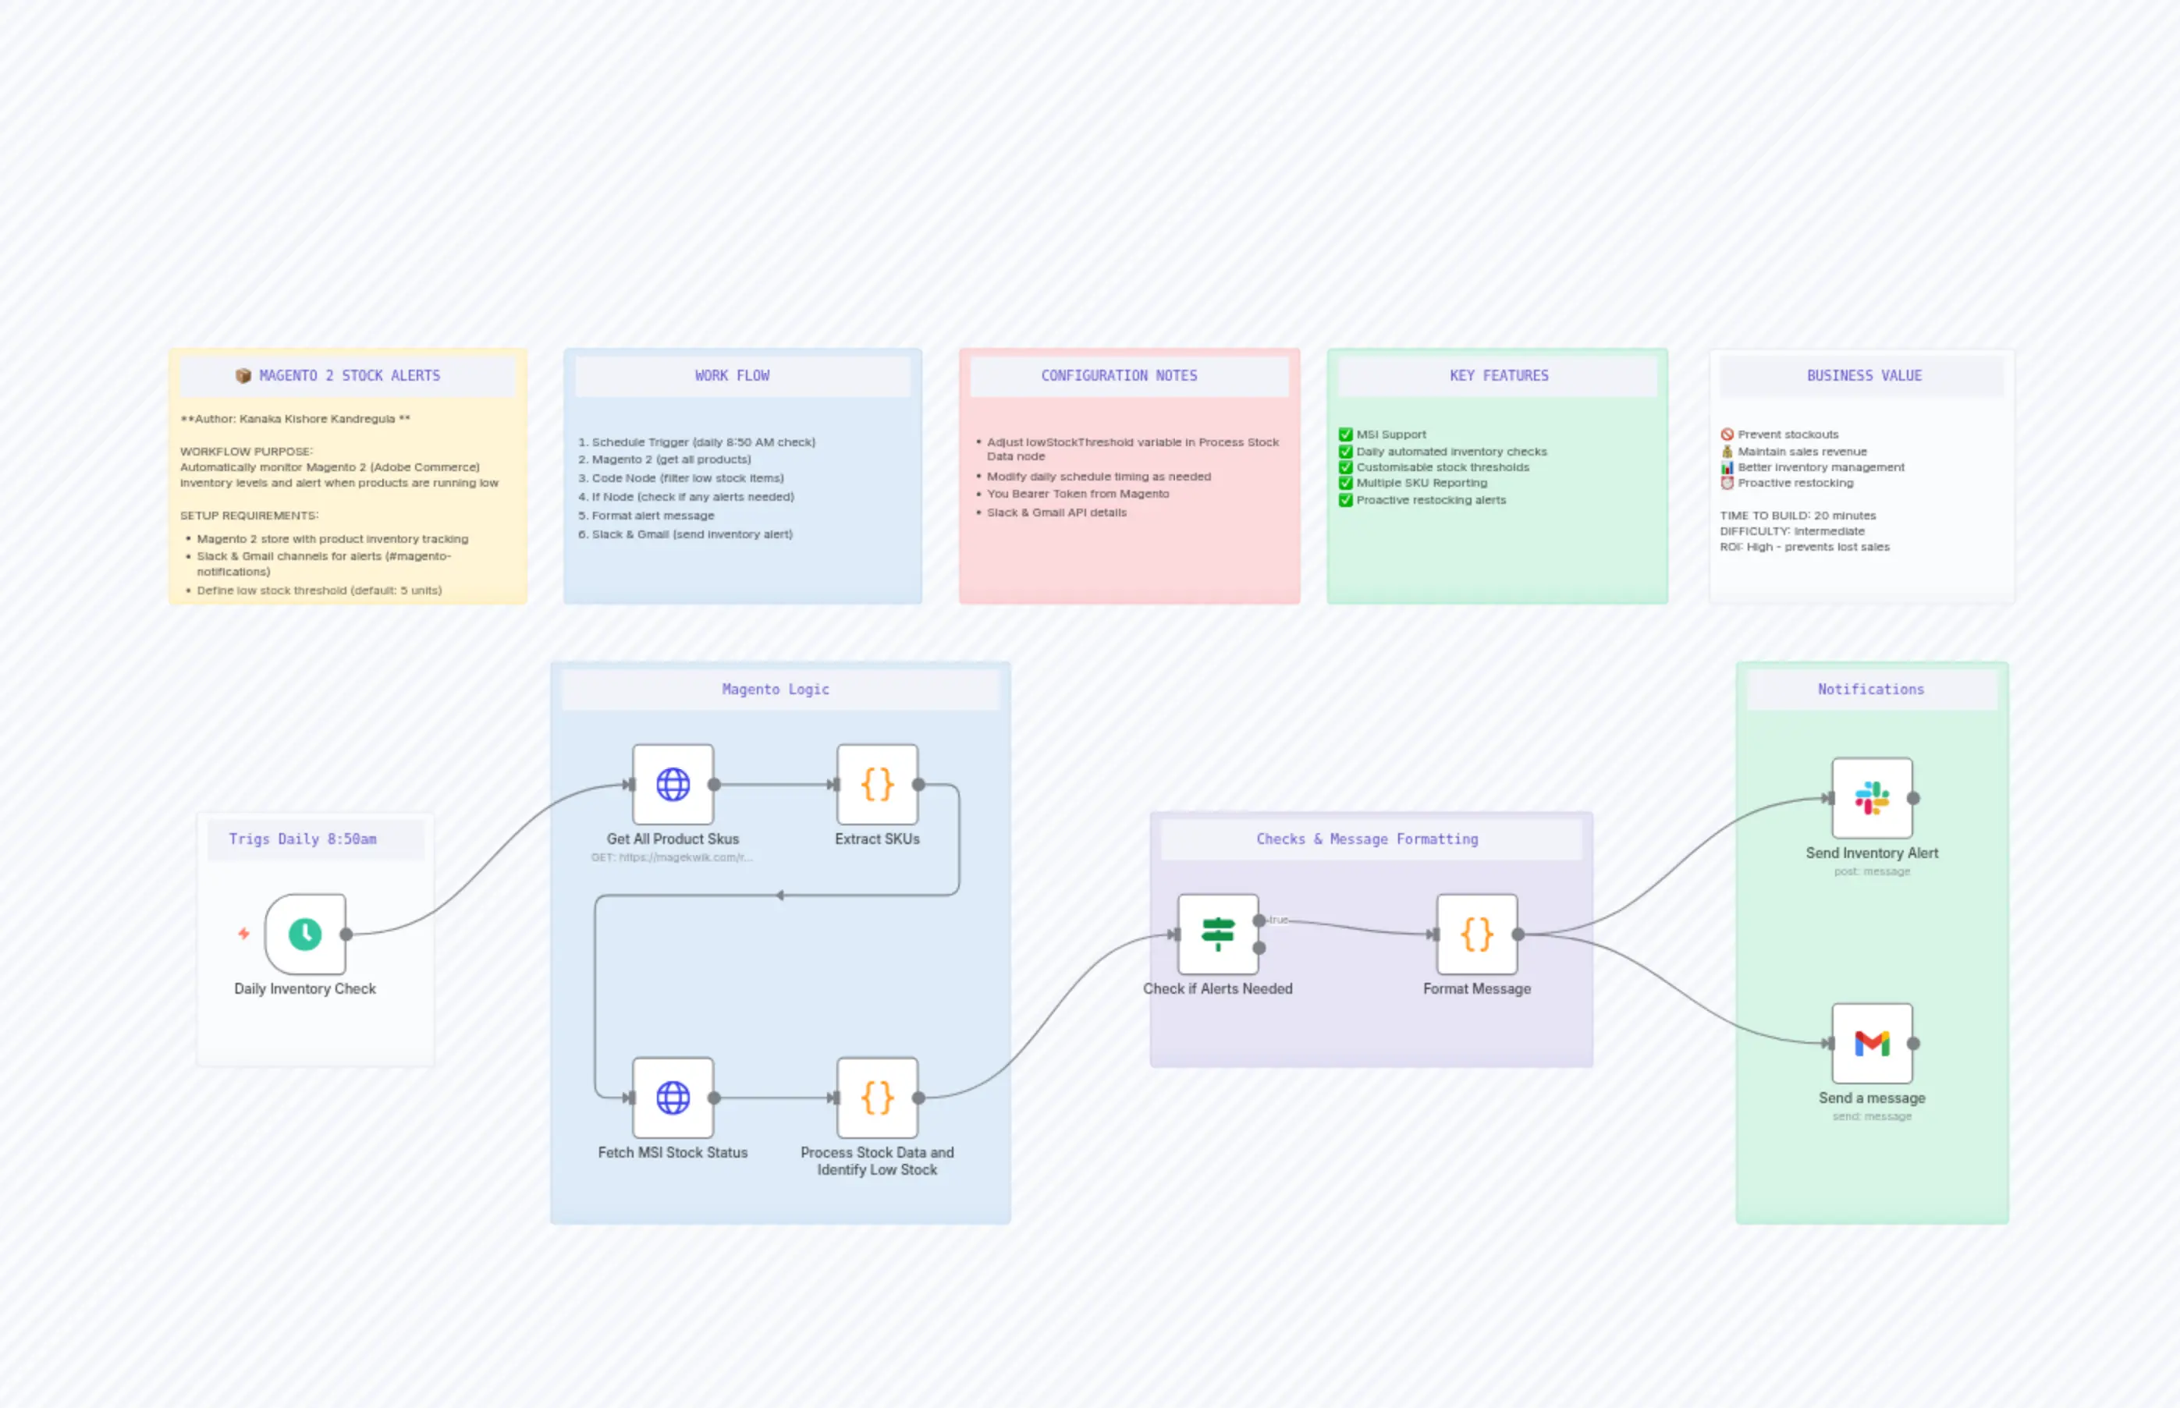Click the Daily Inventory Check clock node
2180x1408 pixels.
click(x=305, y=934)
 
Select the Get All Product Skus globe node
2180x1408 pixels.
click(x=673, y=785)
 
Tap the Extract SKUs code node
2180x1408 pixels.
click(x=877, y=785)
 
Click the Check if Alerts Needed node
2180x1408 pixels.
click(x=1217, y=934)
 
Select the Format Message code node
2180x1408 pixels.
click(x=1477, y=934)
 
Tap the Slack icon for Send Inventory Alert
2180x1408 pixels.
click(x=1871, y=797)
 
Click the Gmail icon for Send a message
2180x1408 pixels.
click(x=1871, y=1042)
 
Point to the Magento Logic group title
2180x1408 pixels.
click(x=776, y=690)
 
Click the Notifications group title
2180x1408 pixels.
click(x=1870, y=690)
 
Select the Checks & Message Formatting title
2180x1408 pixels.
click(x=1366, y=839)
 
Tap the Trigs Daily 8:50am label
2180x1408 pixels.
click(x=303, y=839)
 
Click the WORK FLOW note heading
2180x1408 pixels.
click(x=732, y=376)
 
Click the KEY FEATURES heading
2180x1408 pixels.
click(x=1499, y=376)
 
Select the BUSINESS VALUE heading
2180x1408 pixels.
click(x=1863, y=376)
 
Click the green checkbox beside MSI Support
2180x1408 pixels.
click(x=1345, y=434)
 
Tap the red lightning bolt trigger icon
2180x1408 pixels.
click(x=243, y=934)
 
